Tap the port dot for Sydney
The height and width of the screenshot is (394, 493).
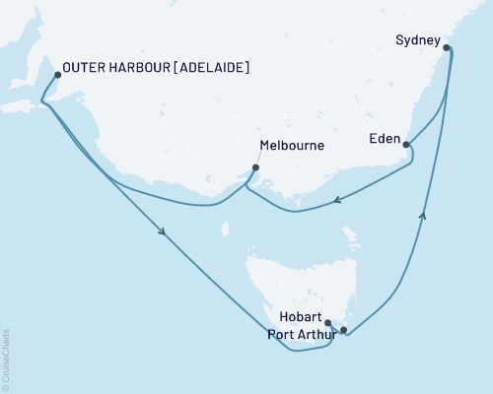tap(447, 47)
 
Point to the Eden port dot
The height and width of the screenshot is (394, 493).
tap(406, 145)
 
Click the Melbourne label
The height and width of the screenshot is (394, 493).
tap(291, 147)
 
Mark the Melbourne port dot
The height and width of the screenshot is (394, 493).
tap(255, 167)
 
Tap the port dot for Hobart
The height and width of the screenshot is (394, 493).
tap(328, 322)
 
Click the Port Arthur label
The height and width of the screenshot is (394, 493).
tap(301, 334)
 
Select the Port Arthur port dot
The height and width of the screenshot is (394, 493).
tap(343, 330)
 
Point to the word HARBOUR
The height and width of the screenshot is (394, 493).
tap(145, 68)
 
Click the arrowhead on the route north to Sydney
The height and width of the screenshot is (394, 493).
tap(424, 216)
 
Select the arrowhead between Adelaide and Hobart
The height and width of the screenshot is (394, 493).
tap(161, 232)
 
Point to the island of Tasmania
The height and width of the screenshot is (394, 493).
tap(296, 286)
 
